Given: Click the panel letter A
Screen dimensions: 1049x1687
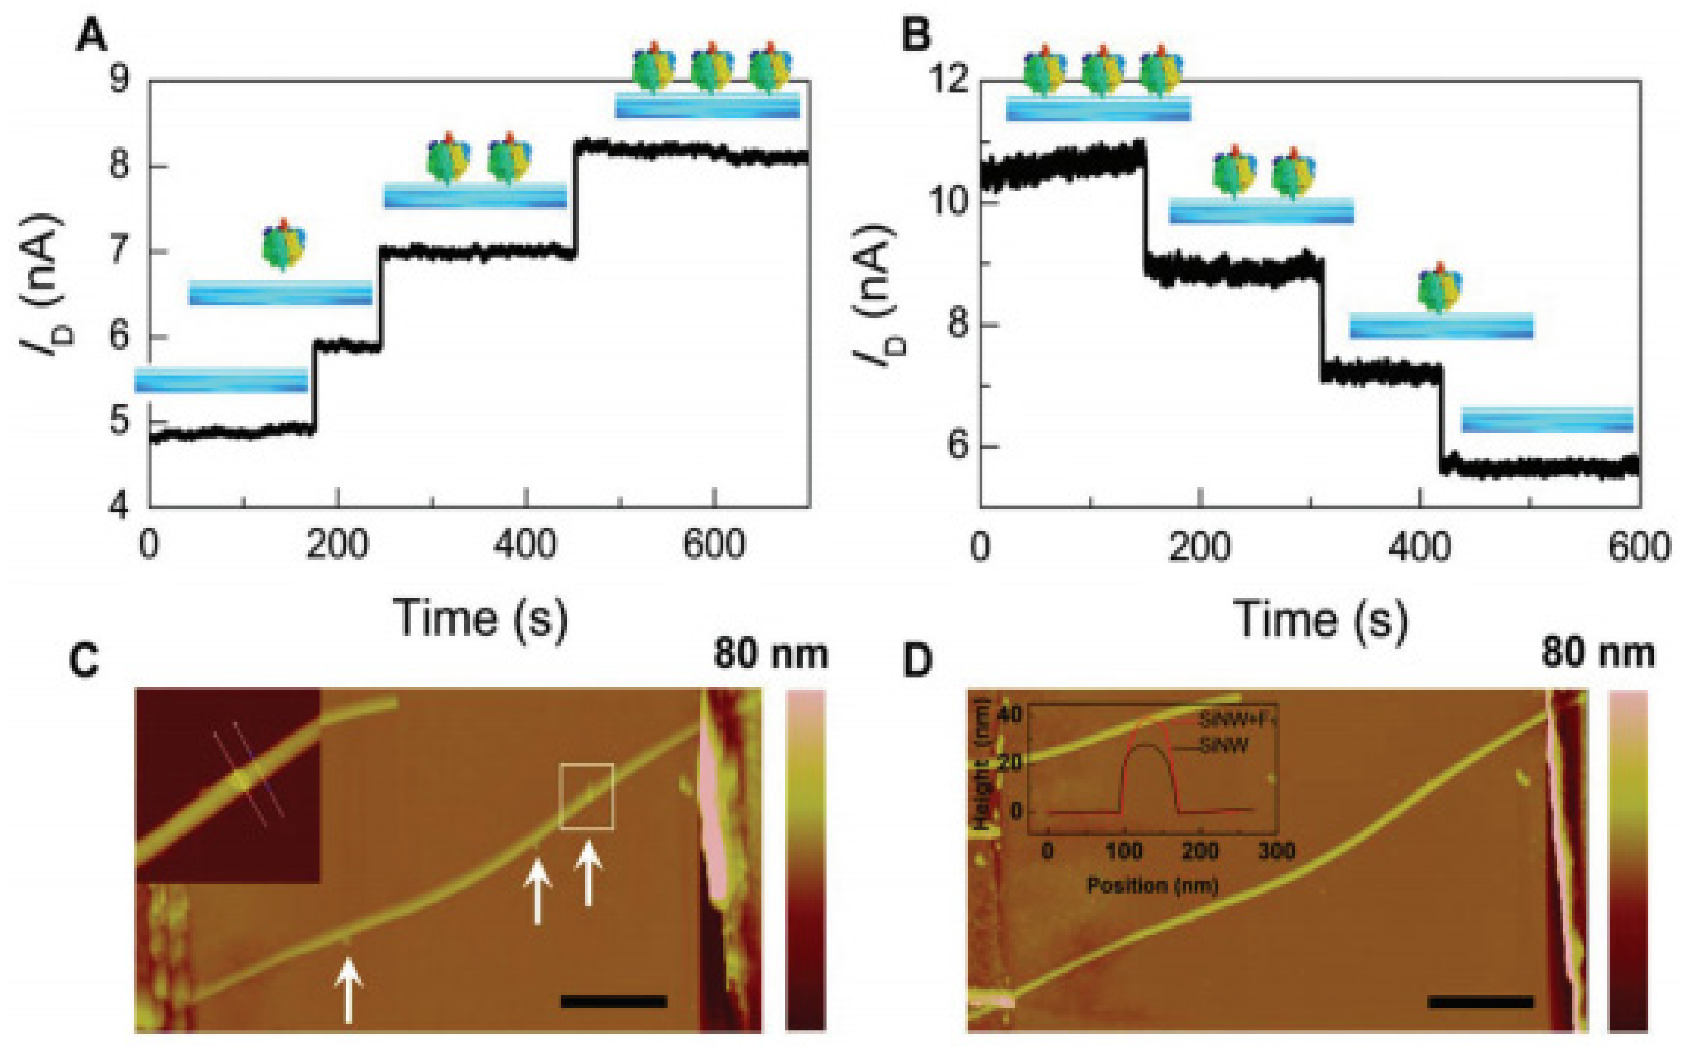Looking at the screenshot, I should click(x=92, y=36).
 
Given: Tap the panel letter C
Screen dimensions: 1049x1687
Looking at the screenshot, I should click(x=85, y=662).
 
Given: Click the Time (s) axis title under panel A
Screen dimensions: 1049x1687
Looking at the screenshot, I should click(x=480, y=618).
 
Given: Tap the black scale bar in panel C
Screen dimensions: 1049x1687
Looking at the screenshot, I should click(x=613, y=1001).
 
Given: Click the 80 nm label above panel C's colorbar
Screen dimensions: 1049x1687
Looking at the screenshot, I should click(x=771, y=653).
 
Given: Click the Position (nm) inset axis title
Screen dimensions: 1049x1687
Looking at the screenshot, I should click(x=1152, y=886).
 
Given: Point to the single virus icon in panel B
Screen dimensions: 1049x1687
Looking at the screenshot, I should click(x=1440, y=288).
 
